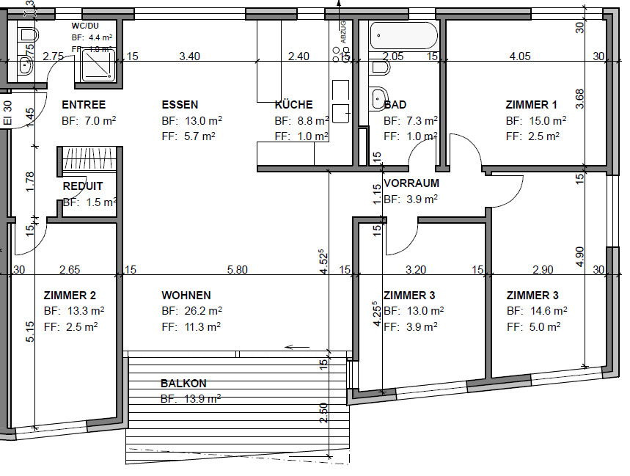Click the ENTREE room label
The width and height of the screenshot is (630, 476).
click(x=84, y=105)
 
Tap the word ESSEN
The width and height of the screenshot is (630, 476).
click(x=180, y=105)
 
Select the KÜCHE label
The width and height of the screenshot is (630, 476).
click(x=293, y=105)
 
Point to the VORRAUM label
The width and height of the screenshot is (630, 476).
click(x=411, y=183)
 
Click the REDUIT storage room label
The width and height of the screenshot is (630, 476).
click(x=83, y=186)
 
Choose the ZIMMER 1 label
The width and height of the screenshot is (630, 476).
click(x=532, y=105)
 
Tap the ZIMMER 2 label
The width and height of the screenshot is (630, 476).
click(x=70, y=296)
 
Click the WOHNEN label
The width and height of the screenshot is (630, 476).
click(x=186, y=296)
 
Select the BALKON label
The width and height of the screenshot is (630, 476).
click(x=183, y=384)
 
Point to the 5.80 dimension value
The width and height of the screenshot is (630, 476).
click(x=237, y=270)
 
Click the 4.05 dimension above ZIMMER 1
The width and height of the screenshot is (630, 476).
click(x=519, y=56)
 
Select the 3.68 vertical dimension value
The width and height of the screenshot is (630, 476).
click(x=579, y=99)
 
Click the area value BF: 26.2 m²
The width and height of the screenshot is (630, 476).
click(x=191, y=311)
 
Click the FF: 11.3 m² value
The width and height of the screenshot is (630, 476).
click(x=191, y=327)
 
